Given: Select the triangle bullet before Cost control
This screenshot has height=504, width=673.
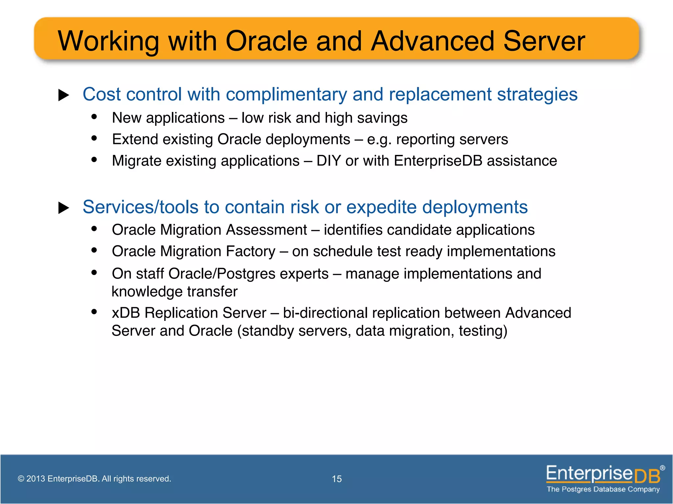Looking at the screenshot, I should [63, 95].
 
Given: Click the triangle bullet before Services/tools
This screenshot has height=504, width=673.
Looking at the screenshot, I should [63, 208].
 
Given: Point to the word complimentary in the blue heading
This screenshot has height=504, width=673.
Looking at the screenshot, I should [286, 95].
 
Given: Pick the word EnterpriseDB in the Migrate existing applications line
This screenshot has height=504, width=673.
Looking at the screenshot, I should [438, 161].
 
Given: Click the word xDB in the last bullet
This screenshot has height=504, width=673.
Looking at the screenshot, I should [126, 313].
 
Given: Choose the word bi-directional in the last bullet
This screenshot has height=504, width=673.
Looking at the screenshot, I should [325, 313].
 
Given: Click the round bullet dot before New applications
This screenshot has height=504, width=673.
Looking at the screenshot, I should [94, 117].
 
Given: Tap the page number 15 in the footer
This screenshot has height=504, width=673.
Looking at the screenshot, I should [336, 479].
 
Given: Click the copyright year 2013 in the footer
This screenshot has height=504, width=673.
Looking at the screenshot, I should [35, 479].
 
